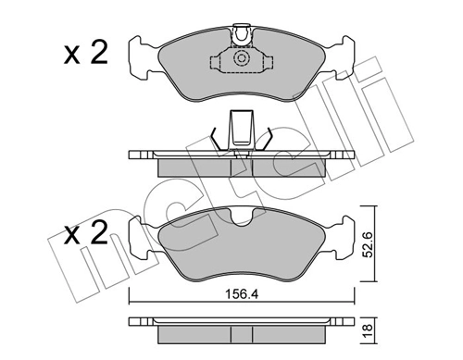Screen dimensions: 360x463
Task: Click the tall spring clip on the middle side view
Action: coord(241,130)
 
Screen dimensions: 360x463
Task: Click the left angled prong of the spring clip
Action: coord(218,139)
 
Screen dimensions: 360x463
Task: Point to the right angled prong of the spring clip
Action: coord(265,139)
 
